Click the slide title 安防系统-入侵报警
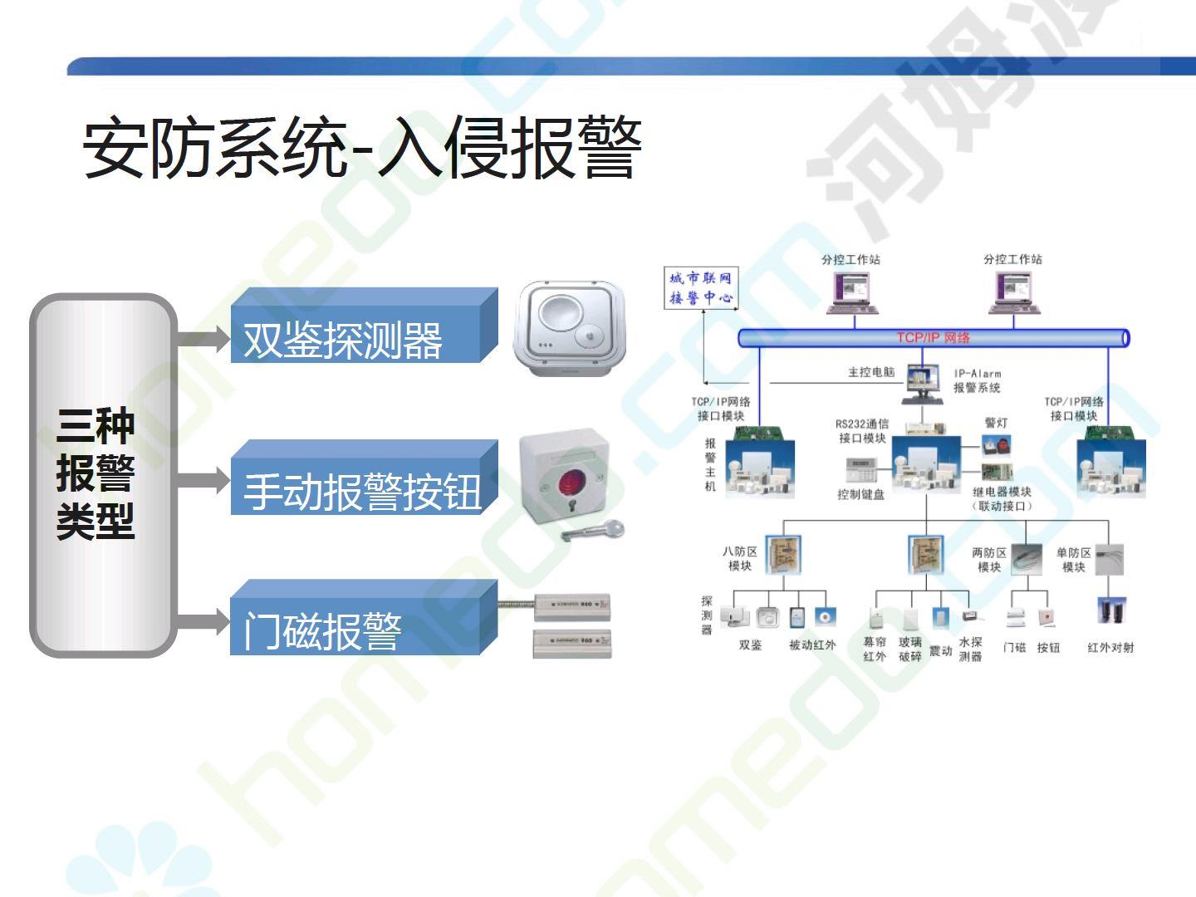(x=362, y=149)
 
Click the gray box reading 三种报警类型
(x=96, y=474)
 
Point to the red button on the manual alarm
(x=571, y=482)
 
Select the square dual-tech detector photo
(x=570, y=329)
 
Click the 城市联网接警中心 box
(x=701, y=288)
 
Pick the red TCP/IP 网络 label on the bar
(x=933, y=337)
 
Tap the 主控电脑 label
(x=870, y=371)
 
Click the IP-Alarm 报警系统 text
(x=977, y=380)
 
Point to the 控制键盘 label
(x=860, y=494)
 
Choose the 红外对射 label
(x=1110, y=647)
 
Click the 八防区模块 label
(x=739, y=558)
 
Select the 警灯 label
(x=996, y=423)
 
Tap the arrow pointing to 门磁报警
(x=203, y=620)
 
